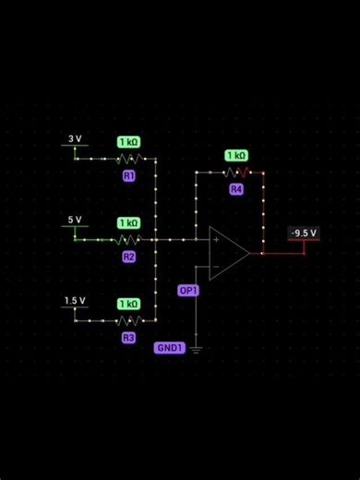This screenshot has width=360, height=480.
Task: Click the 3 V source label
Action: [x=75, y=139]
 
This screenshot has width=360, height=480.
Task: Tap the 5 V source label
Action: [x=75, y=221]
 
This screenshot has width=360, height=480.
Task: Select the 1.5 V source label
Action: [x=75, y=301]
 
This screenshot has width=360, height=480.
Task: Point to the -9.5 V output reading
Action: [x=304, y=233]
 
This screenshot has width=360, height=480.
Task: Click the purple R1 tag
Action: [x=129, y=174]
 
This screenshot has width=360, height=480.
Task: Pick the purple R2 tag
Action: [x=129, y=257]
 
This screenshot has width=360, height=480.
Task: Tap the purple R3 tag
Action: [x=129, y=338]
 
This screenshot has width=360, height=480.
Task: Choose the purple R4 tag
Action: [x=236, y=189]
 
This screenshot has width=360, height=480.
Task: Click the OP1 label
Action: [x=188, y=290]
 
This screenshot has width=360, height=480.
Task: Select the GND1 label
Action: [x=170, y=348]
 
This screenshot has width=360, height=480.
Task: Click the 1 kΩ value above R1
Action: [x=128, y=142]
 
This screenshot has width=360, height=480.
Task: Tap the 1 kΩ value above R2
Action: [x=128, y=223]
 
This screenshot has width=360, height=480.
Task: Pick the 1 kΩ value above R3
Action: [x=128, y=304]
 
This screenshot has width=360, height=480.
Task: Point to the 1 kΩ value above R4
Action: [x=236, y=156]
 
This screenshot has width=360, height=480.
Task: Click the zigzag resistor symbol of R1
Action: [x=129, y=159]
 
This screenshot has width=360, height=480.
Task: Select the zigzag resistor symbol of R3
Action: [x=129, y=321]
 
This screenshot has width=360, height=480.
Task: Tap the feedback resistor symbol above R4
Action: [x=236, y=172]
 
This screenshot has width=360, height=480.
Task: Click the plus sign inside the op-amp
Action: [x=216, y=240]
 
